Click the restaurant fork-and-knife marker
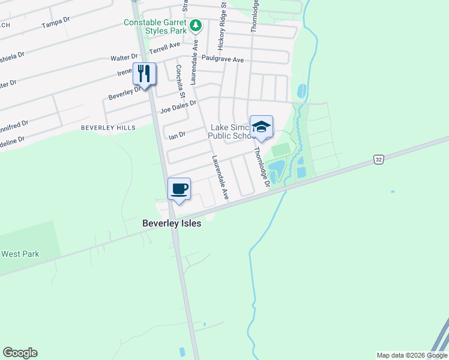click(x=144, y=74)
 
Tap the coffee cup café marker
click(x=179, y=189)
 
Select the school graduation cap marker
click(x=261, y=127)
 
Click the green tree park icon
click(x=195, y=26)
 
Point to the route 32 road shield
click(x=378, y=159)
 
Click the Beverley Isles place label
click(x=171, y=223)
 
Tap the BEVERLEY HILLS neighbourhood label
click(x=109, y=128)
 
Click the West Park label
click(x=20, y=254)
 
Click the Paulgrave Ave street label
click(x=223, y=59)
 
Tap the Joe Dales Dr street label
click(x=178, y=107)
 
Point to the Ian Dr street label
click(x=177, y=136)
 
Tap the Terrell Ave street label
click(x=164, y=47)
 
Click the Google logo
click(x=20, y=353)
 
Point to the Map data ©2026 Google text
click(x=412, y=355)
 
